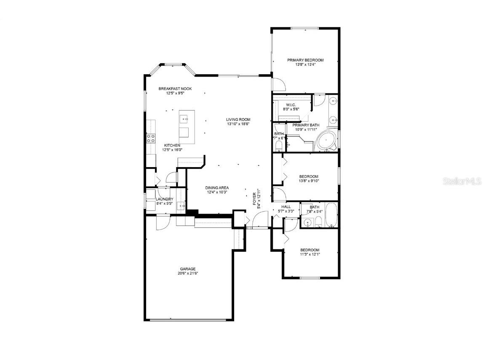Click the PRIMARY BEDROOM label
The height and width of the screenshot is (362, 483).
[305, 60]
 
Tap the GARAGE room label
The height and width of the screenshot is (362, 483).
[188, 269]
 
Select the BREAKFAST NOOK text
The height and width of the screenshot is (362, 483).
[175, 89]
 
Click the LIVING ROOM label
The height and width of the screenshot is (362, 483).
[238, 120]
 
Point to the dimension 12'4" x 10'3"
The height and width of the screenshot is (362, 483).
[217, 192]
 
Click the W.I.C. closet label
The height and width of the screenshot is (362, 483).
[291, 105]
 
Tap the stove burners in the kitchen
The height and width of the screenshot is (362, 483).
[151, 139]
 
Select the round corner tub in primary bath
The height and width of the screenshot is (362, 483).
[326, 140]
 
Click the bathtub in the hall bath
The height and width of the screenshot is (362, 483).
[331, 215]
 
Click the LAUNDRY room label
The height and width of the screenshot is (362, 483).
[164, 199]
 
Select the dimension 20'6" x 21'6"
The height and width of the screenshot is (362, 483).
[188, 274]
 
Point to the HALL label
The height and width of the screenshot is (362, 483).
[286, 207]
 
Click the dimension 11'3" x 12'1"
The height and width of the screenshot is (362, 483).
[310, 254]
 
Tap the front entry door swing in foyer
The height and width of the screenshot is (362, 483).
[259, 219]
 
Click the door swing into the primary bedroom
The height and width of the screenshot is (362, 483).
[279, 84]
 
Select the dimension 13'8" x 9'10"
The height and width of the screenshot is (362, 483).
[309, 181]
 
